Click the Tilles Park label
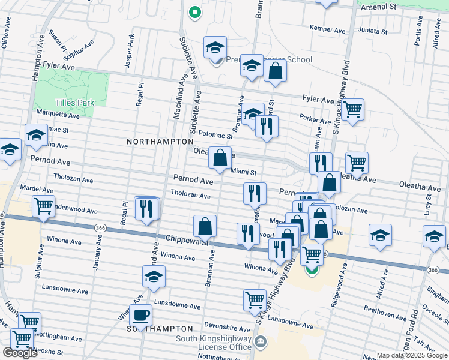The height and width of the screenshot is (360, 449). pyautogui.click(x=75, y=103)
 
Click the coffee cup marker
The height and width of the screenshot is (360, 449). pyautogui.click(x=140, y=315)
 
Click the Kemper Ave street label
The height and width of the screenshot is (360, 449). pyautogui.click(x=328, y=29)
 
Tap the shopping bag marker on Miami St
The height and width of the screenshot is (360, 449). pyautogui.click(x=220, y=158)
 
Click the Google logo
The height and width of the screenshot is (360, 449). pyautogui.click(x=20, y=353)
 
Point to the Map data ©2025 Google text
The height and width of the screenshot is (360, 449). pyautogui.click(x=412, y=355)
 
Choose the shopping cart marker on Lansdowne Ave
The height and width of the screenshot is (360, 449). pyautogui.click(x=255, y=299)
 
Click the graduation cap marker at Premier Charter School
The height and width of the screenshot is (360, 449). pyautogui.click(x=214, y=47)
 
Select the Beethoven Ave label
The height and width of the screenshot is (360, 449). pyautogui.click(x=385, y=315)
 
